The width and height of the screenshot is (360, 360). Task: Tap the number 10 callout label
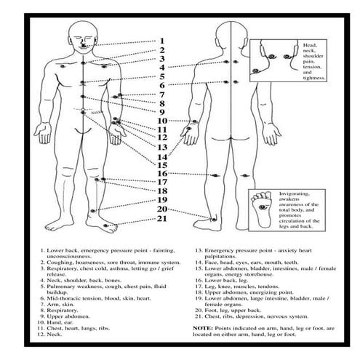click(x=162, y=121)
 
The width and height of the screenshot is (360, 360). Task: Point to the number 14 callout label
click(x=162, y=156)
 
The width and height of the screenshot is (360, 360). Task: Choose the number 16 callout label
click(x=162, y=174)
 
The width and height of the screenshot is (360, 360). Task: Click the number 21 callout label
click(x=162, y=218)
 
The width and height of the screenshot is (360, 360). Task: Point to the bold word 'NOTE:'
click(x=203, y=329)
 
